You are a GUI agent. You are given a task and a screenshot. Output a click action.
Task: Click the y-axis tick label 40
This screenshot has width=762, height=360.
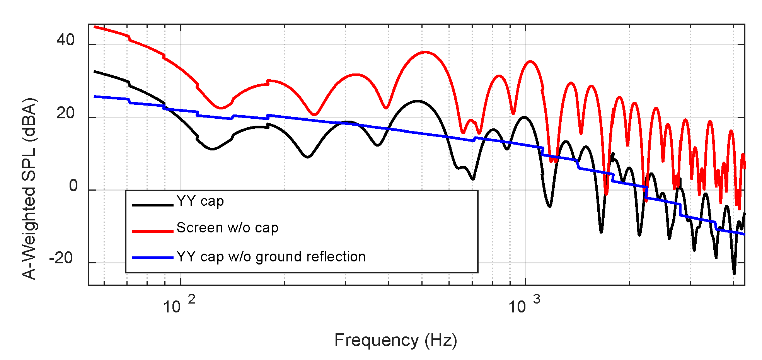point(65,40)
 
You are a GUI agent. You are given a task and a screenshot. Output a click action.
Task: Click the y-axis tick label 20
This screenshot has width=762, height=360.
point(65,113)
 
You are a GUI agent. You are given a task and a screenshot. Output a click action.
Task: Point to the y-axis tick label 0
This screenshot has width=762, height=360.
point(73,186)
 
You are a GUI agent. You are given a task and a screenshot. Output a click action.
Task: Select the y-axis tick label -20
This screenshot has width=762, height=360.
point(61,258)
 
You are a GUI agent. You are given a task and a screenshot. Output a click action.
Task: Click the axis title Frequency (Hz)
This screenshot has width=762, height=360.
point(395,340)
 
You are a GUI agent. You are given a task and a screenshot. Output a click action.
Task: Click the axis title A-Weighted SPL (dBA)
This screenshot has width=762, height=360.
point(29,189)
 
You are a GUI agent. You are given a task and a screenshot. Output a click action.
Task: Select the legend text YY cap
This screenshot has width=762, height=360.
point(200,201)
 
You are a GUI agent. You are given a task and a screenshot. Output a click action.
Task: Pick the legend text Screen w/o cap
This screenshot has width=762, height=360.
point(227,228)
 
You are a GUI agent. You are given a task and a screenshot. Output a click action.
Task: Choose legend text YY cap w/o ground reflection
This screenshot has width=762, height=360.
point(271,257)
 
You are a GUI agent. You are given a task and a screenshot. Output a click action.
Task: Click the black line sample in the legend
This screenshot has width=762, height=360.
point(152,205)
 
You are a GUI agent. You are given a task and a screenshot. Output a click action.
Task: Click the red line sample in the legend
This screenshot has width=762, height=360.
point(152,231)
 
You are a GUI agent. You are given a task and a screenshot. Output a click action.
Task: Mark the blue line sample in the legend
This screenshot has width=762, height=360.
point(152,258)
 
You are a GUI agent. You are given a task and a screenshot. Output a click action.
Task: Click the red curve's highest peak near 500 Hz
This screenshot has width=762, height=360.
point(425,52)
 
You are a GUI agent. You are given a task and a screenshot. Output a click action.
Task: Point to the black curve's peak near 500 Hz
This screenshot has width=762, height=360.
point(417,101)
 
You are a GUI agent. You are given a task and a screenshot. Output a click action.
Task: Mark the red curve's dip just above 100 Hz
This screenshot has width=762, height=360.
point(221,108)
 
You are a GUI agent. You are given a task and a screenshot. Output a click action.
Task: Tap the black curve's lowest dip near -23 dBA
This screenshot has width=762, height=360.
point(734,273)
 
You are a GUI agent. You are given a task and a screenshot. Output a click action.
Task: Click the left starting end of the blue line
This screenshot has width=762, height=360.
point(95,96)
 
